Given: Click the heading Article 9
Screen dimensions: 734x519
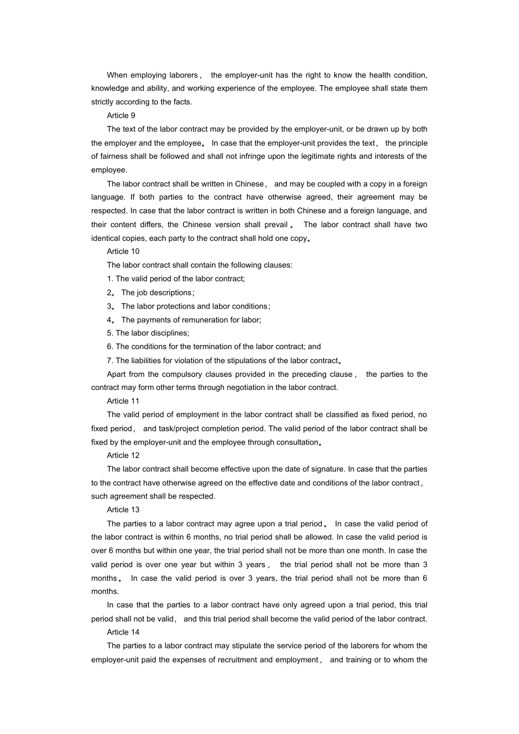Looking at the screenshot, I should point(121,116).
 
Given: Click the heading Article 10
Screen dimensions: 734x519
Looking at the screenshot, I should point(123,252).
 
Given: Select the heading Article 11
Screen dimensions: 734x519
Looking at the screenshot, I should point(123,401).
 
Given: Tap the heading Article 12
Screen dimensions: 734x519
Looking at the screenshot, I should point(123,455).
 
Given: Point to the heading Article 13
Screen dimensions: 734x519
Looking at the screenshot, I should point(123,510).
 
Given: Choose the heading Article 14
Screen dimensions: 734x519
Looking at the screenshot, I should point(123,632).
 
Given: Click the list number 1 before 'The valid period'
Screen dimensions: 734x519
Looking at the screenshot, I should point(110,279).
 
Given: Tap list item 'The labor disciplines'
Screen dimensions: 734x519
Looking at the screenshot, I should point(152,333).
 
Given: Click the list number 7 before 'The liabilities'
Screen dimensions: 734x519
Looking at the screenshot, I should point(110,360).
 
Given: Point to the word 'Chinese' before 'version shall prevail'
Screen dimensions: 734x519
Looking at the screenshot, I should point(197,224).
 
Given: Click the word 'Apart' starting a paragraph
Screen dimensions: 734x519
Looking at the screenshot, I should point(117,375).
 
